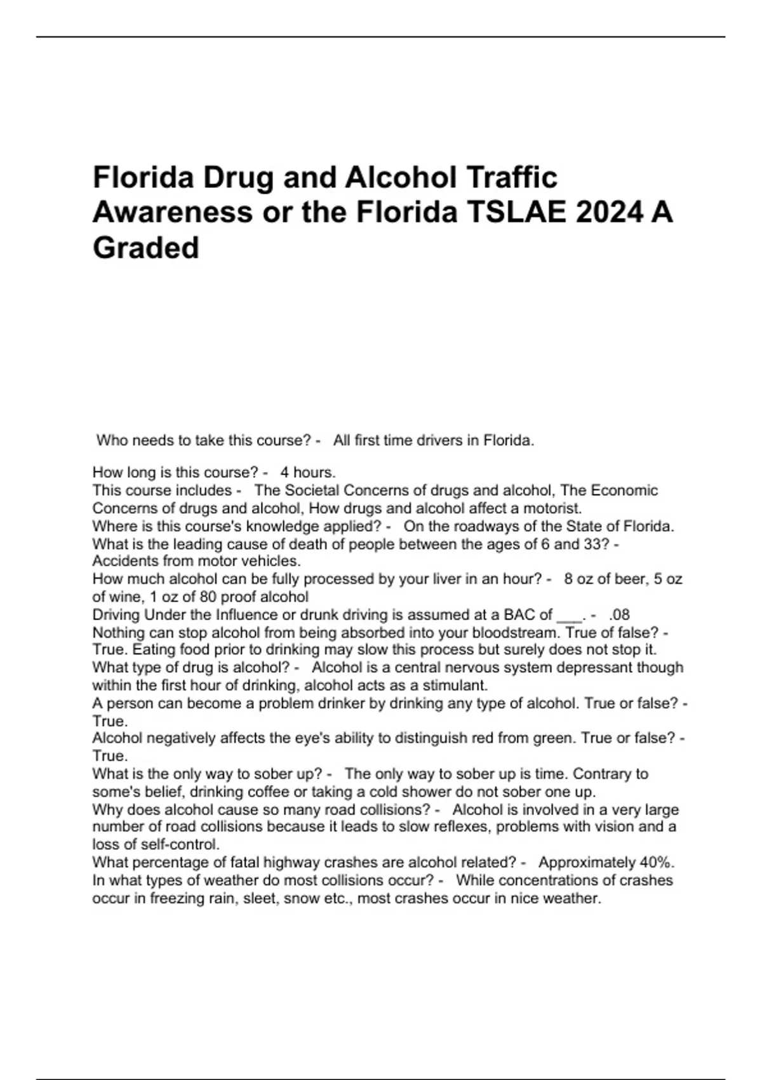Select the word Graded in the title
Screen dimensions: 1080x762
(146, 248)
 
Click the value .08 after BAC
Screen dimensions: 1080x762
(619, 615)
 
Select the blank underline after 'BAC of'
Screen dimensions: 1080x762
(568, 616)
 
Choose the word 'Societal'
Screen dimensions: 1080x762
(312, 490)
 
